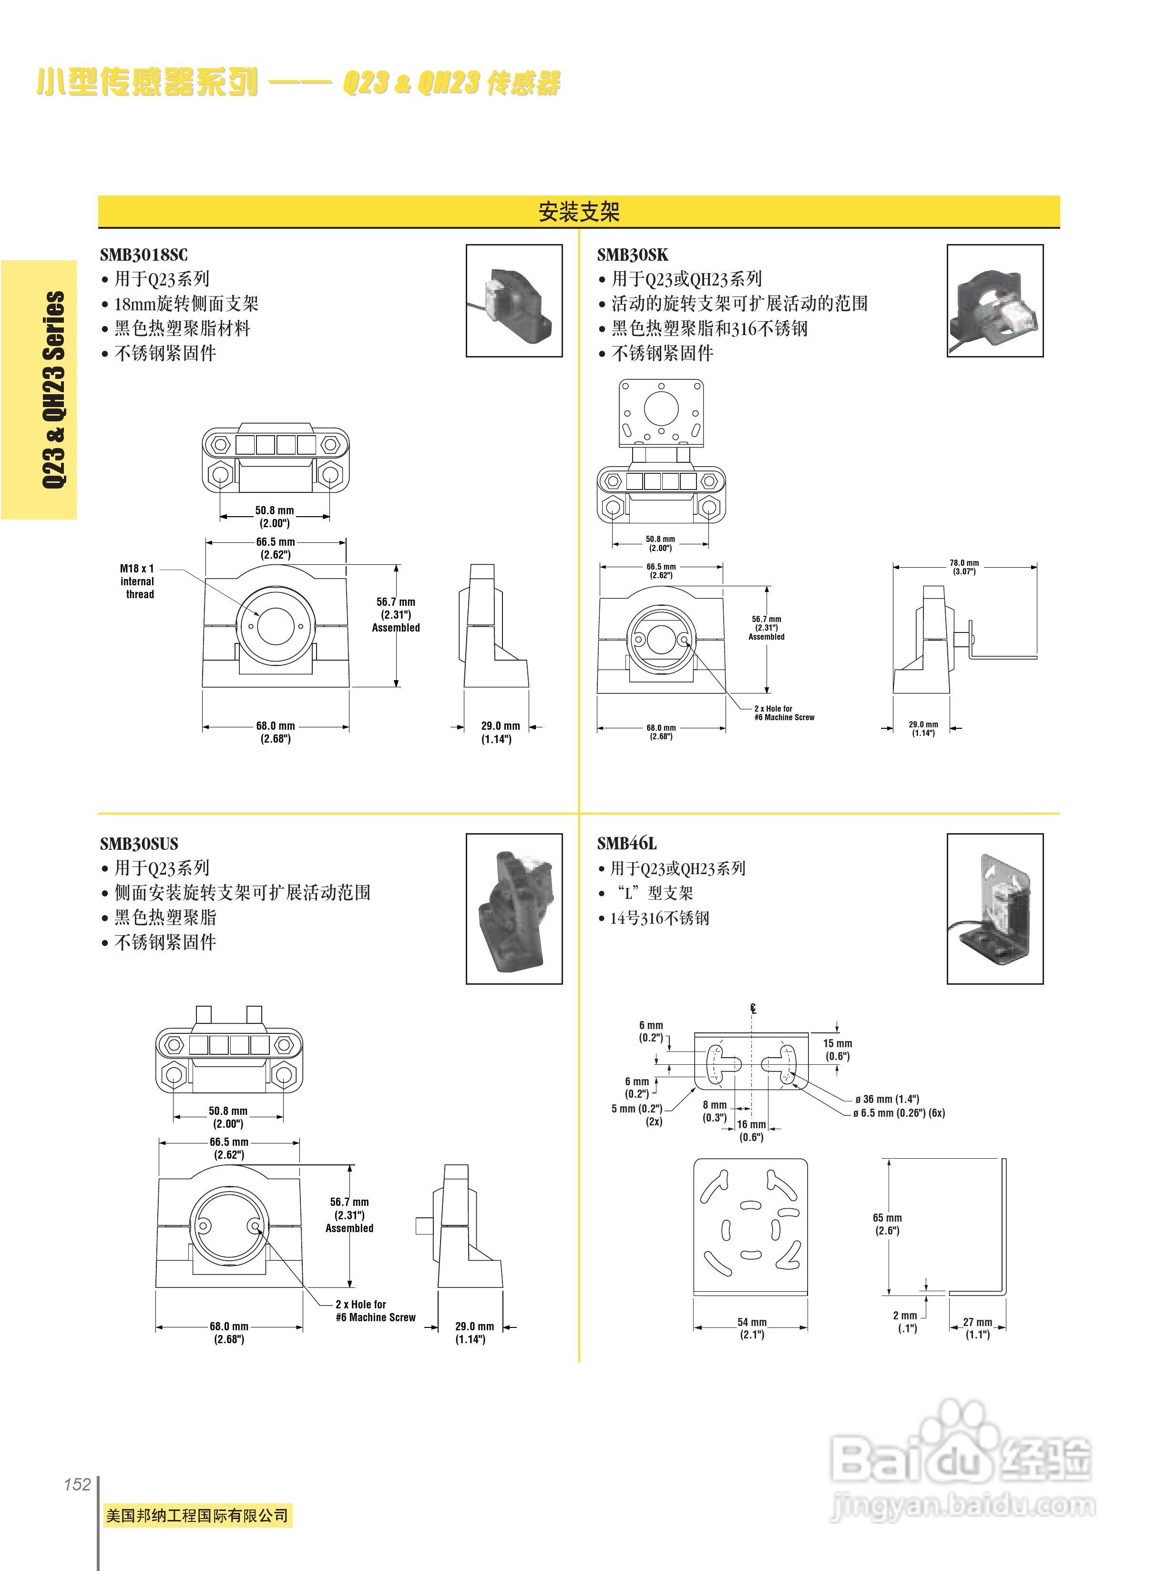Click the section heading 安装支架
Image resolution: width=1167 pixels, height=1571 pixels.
pos(579,211)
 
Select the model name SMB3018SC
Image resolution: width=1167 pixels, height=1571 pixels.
pos(144,255)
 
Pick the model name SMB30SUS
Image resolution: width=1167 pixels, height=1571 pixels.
pos(139,844)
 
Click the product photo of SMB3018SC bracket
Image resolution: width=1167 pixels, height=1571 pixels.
pos(513,300)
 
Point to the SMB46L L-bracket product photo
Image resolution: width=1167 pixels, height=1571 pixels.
pos(994,908)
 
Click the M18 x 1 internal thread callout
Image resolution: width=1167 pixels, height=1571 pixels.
pos(137,581)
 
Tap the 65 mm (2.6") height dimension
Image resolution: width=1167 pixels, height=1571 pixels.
pos(887,1224)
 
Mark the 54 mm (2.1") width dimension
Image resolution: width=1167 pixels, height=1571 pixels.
pos(752,1328)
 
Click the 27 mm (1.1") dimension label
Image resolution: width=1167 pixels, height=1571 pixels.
pos(978,1328)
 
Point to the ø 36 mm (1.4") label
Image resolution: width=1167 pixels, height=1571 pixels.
pos(887,1099)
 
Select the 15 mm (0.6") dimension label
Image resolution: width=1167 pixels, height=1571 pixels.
pos(837,1050)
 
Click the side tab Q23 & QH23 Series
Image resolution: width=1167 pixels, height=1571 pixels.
pos(54,389)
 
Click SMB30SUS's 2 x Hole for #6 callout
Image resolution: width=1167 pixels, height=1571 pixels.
pos(375,1311)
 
